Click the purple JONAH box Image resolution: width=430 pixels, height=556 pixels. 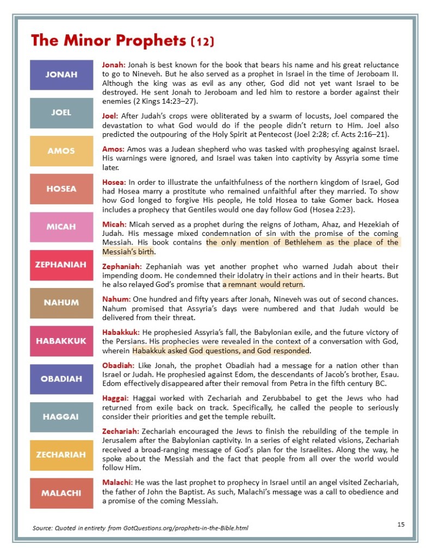click(61, 75)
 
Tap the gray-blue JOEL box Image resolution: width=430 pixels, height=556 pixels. click(61, 113)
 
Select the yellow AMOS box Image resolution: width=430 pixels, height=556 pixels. click(61, 151)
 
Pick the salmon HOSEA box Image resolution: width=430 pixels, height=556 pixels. click(61, 189)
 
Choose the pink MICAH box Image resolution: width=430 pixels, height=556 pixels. click(61, 227)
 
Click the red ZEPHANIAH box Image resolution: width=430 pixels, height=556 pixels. click(61, 265)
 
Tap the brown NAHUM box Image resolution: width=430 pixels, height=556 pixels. click(61, 303)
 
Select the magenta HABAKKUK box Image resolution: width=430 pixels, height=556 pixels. click(61, 341)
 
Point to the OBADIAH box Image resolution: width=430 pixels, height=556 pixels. click(61, 379)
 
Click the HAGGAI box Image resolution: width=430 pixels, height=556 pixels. click(61, 417)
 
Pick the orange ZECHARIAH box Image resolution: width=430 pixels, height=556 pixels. click(61, 455)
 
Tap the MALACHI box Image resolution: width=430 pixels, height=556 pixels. click(61, 493)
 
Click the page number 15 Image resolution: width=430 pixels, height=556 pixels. click(401, 524)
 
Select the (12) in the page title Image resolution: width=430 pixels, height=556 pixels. click(203, 41)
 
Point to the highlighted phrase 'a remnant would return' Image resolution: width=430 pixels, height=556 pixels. click(263, 284)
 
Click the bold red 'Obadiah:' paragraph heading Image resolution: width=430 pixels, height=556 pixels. click(119, 365)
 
